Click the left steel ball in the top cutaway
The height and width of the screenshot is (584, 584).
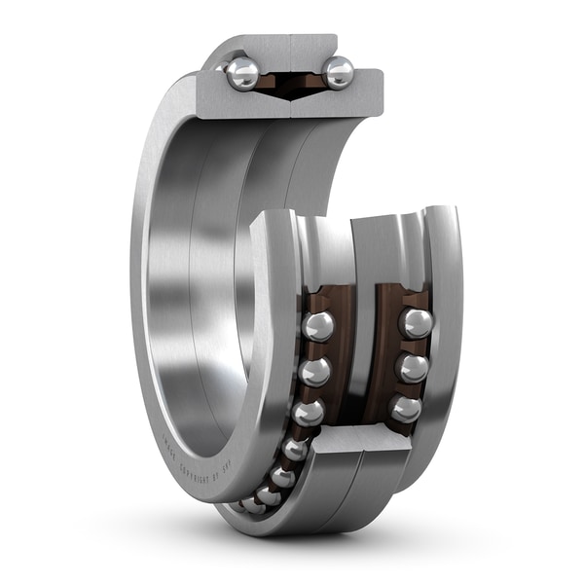click(242, 73)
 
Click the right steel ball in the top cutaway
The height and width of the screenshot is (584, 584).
click(338, 72)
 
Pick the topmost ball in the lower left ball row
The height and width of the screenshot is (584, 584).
click(317, 326)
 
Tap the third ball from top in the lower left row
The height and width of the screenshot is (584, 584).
click(308, 414)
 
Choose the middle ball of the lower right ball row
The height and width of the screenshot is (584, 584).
click(413, 368)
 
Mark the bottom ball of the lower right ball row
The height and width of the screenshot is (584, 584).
click(405, 409)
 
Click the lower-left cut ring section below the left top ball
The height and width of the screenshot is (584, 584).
click(238, 103)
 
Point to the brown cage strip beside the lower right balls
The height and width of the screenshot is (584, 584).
click(387, 350)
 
